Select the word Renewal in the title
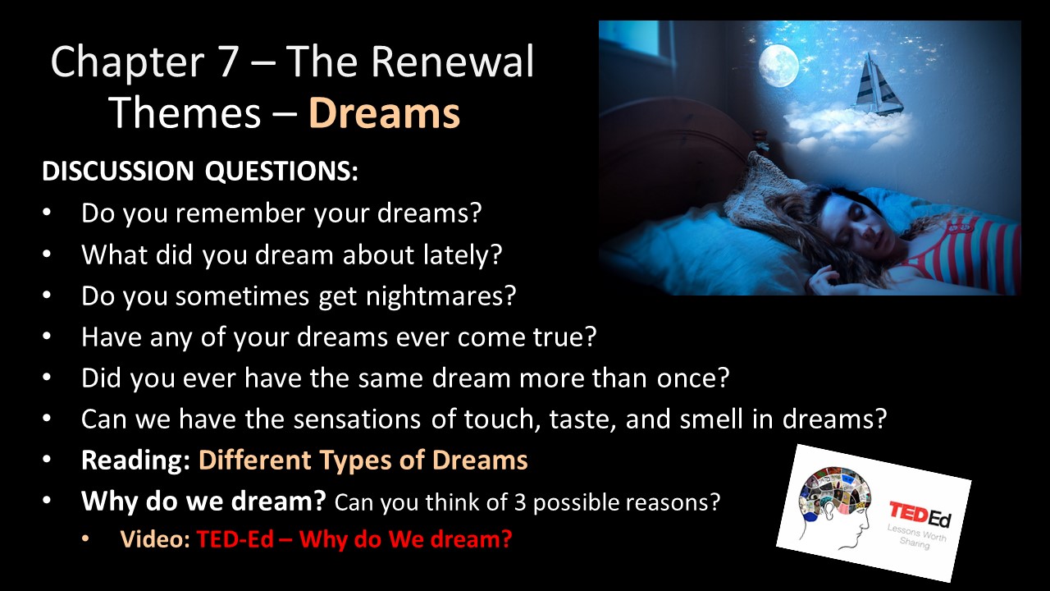click(453, 61)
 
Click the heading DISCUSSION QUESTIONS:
click(200, 171)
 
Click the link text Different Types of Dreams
click(363, 460)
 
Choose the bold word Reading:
click(135, 460)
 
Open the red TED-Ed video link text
click(354, 539)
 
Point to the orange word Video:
click(155, 539)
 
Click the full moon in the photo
click(778, 66)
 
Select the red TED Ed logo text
click(920, 515)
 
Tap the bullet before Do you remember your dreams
click(47, 213)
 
